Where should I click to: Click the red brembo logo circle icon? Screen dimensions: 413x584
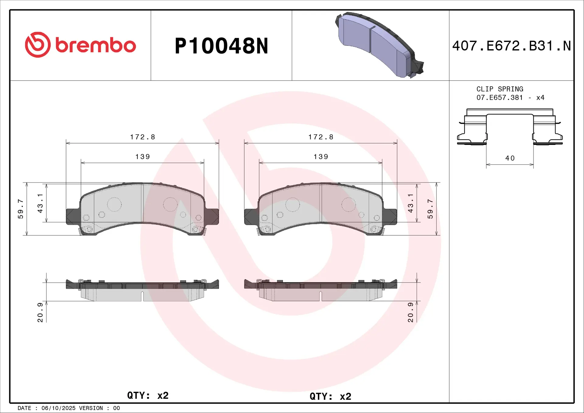point(38,45)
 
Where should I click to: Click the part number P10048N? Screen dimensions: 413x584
point(221,46)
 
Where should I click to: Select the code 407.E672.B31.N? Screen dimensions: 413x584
point(511,46)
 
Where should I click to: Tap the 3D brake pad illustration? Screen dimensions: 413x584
point(377,46)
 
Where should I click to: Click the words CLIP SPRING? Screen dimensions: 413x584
point(499,89)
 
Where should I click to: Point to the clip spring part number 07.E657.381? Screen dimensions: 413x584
point(499,98)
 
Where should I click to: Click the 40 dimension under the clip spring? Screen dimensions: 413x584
point(510,158)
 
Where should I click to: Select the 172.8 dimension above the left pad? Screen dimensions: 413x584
point(142,137)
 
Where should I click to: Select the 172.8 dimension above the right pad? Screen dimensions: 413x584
point(321,137)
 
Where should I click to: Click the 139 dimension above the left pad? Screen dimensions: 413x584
point(142,157)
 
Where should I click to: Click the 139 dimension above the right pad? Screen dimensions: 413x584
point(321,157)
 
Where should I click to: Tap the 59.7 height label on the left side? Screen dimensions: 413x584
point(20,209)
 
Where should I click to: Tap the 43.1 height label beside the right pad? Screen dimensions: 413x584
point(410,203)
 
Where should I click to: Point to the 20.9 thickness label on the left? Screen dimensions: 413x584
point(40,312)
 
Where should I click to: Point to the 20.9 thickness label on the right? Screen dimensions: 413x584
point(410,312)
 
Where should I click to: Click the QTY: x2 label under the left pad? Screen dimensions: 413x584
point(148,395)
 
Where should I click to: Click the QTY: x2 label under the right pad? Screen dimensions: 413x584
point(330,396)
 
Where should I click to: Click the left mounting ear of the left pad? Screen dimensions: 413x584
point(72,217)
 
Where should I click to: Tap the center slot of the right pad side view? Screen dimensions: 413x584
point(321,296)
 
